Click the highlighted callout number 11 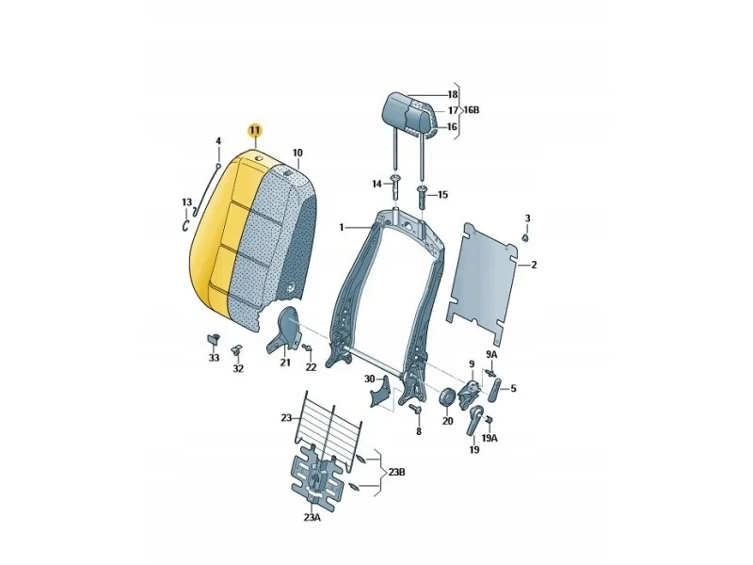(254, 130)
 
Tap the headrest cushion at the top (410, 114)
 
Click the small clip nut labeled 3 (526, 237)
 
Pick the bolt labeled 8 (415, 409)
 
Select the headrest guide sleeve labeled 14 (395, 186)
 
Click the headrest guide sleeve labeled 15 (422, 195)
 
